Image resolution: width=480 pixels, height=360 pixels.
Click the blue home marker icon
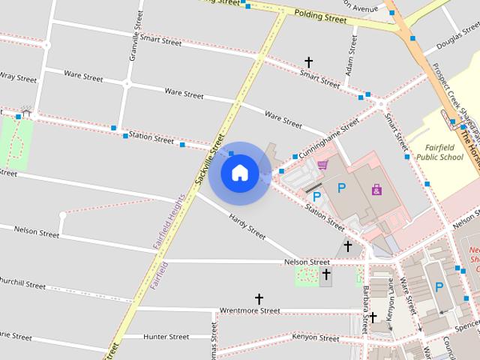pyautogui.click(x=239, y=172)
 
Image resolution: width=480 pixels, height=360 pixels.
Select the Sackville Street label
pyautogui.click(x=209, y=159)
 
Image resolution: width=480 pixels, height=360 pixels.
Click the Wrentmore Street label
pyautogui.click(x=249, y=310)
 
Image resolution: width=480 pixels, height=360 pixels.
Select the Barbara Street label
pyautogui.click(x=365, y=307)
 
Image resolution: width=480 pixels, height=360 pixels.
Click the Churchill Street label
pyautogui.click(x=22, y=285)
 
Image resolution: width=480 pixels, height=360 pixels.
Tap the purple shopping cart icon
pyautogui.click(x=322, y=163)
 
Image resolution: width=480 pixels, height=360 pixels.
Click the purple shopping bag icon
pyautogui.click(x=376, y=189)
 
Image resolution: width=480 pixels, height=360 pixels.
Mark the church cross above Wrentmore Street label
pyautogui.click(x=259, y=298)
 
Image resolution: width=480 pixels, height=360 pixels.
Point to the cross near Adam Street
pyautogui.click(x=307, y=62)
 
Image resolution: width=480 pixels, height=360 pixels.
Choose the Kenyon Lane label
pyautogui.click(x=390, y=307)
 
